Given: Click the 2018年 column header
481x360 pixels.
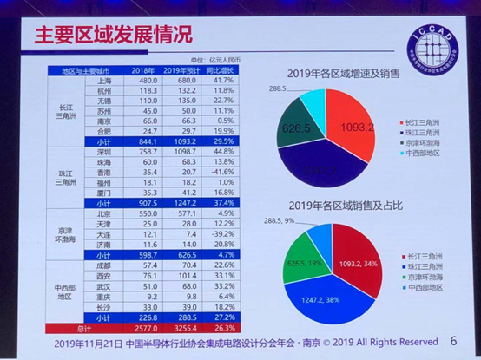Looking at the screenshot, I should click(x=142, y=69).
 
